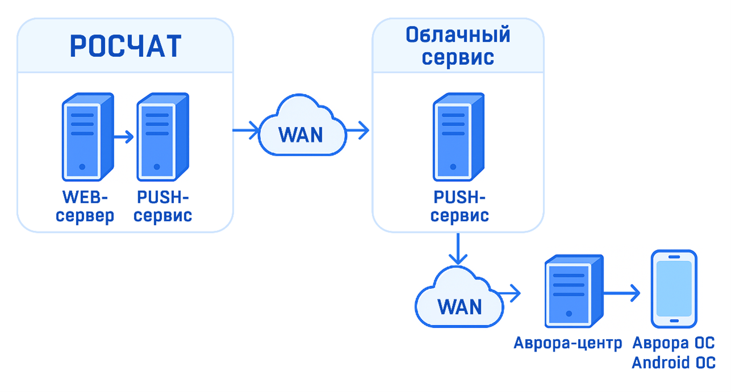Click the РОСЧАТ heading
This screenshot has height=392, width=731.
tap(125, 47)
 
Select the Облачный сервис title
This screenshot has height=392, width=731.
tap(458, 46)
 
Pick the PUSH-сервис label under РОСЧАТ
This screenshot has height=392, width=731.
tap(163, 207)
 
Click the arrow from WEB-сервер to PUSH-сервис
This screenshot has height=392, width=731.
tap(123, 137)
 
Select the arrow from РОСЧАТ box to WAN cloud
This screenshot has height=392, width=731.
tap(246, 131)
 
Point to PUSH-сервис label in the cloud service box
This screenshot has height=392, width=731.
tap(459, 207)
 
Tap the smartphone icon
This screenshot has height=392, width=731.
tap(674, 289)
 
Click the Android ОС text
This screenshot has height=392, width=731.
tap(674, 362)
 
